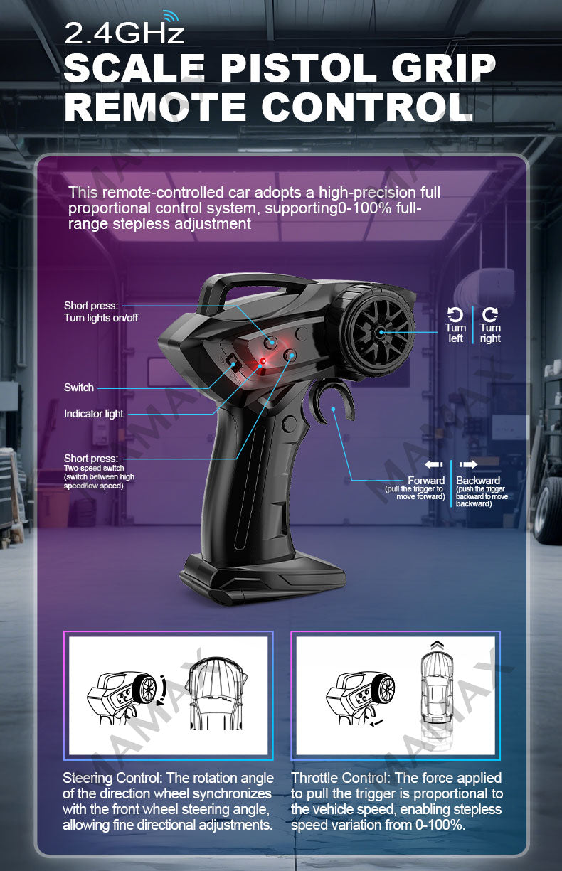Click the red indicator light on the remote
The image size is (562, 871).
click(x=263, y=361)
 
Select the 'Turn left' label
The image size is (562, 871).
click(x=455, y=333)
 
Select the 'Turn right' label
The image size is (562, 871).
click(x=490, y=333)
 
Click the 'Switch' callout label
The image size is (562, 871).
click(x=79, y=388)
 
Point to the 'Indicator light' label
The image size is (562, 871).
click(x=94, y=414)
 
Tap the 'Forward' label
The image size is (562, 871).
click(x=426, y=480)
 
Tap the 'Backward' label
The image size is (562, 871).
click(x=478, y=480)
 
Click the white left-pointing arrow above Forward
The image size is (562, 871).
click(x=434, y=464)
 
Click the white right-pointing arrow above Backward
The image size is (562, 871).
click(x=468, y=464)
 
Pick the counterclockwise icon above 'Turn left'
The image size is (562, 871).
click(x=455, y=314)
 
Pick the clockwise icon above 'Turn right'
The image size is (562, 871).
click(x=490, y=314)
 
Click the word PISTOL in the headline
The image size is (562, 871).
click(x=298, y=68)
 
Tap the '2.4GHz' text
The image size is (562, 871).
click(x=124, y=33)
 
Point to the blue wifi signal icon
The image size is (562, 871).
click(x=171, y=17)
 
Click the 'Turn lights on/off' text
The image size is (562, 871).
click(x=101, y=318)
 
